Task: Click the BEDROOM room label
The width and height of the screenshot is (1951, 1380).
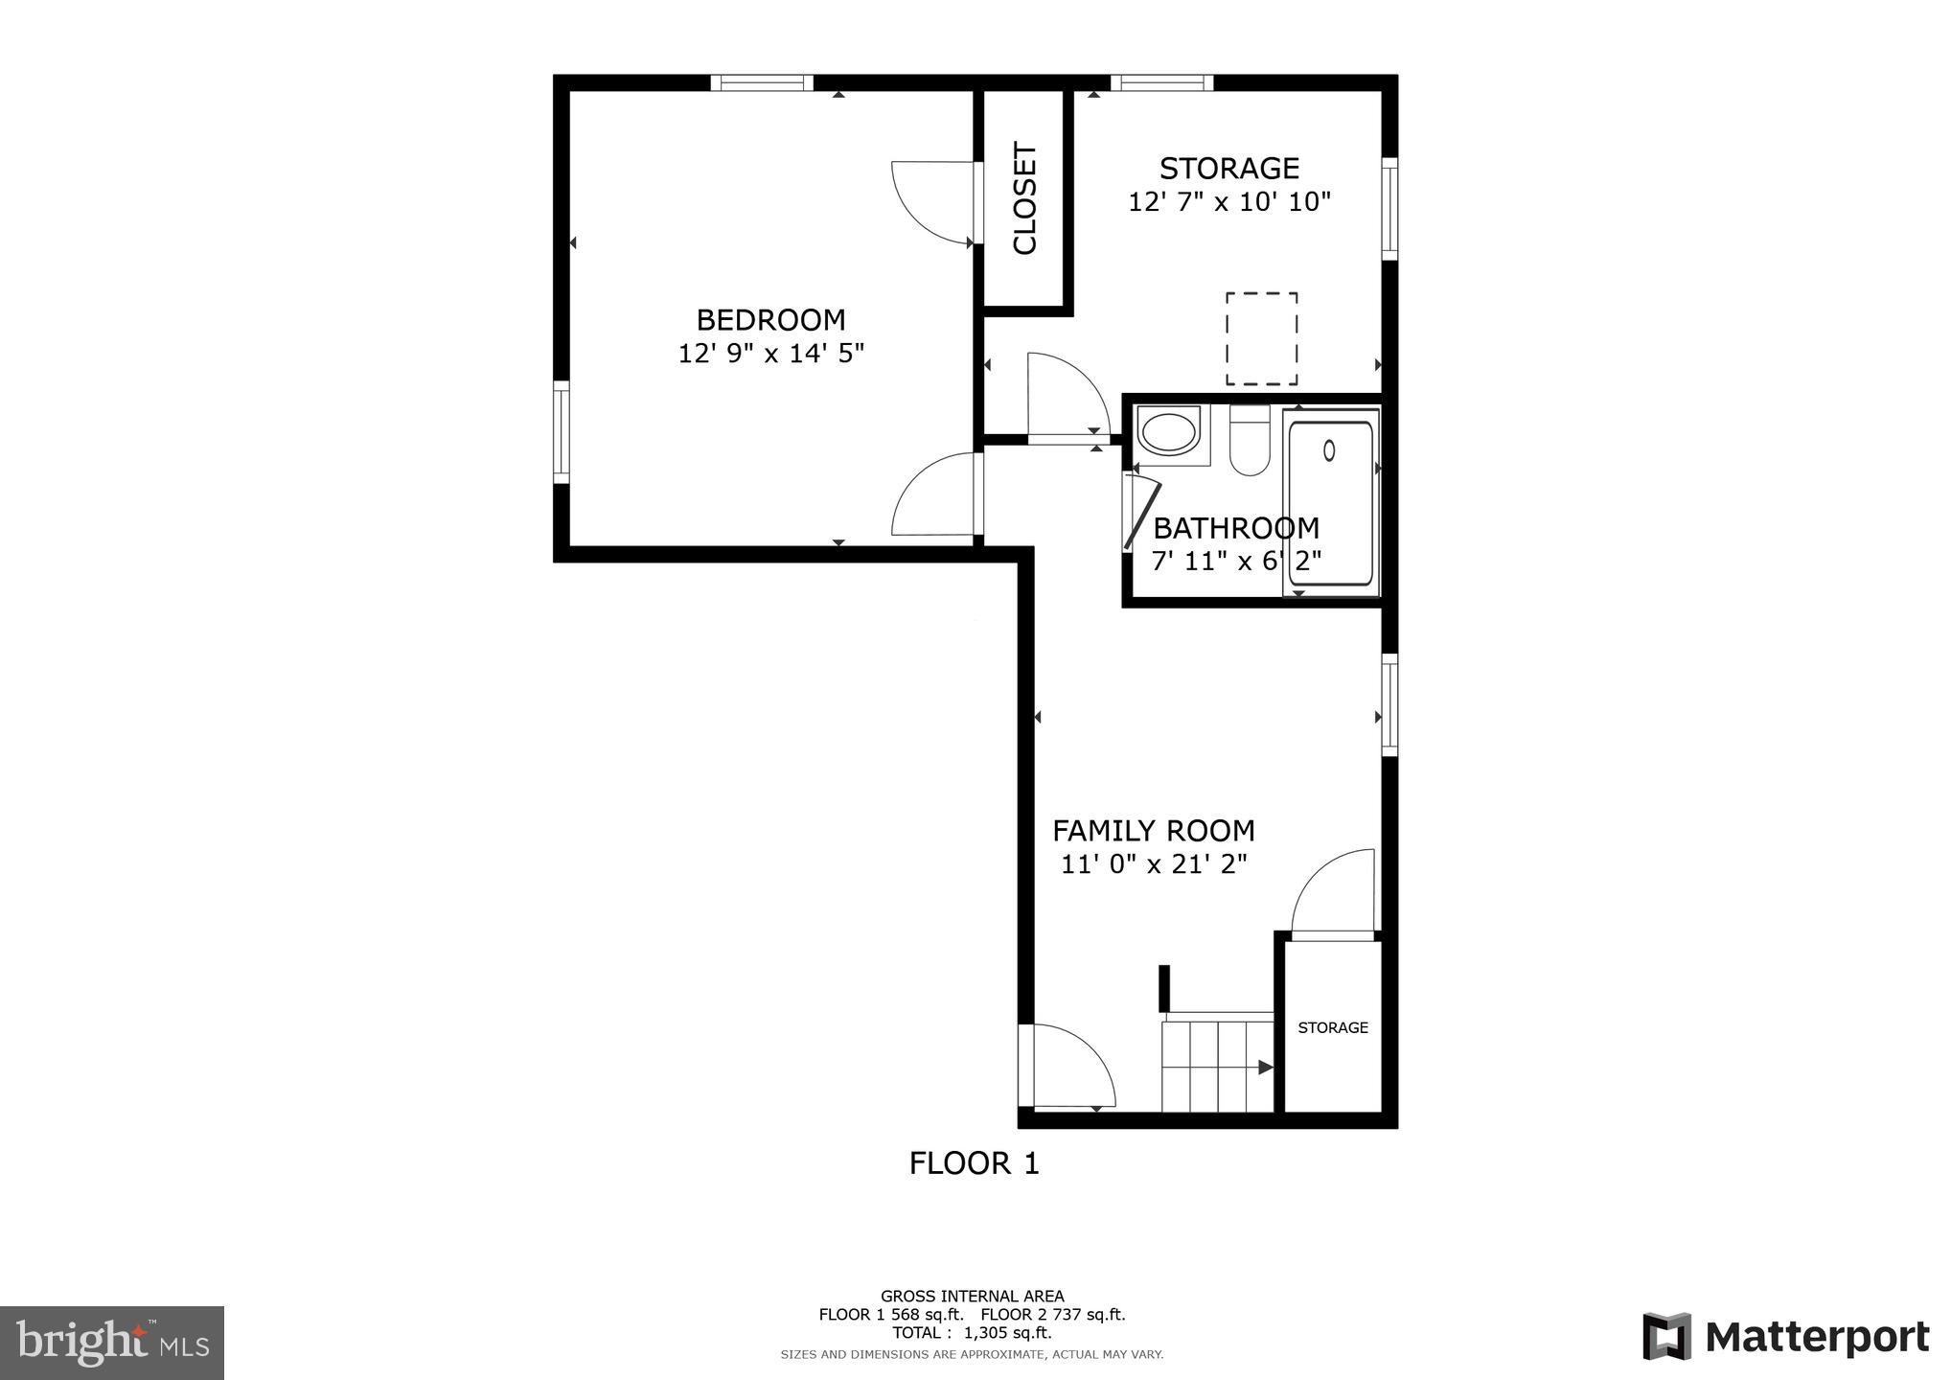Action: [770, 319]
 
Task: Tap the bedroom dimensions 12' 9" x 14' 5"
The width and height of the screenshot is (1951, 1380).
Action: [770, 354]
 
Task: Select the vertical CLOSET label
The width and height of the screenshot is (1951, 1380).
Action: [1024, 198]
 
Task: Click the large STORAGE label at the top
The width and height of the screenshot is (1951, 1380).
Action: [1228, 169]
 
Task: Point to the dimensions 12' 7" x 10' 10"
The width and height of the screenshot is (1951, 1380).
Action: [1228, 202]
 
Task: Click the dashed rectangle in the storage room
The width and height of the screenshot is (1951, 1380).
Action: [1261, 338]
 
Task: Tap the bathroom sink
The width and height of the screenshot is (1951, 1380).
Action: [1167, 432]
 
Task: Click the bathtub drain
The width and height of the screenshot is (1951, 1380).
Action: [1329, 449]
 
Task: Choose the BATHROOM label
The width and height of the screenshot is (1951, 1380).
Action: [1235, 528]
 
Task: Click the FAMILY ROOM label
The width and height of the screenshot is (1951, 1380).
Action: [1153, 830]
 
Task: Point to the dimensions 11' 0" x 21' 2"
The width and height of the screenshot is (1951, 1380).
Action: [1153, 864]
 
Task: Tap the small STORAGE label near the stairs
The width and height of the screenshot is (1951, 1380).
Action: [1332, 1027]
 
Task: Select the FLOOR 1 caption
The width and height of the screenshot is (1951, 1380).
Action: [974, 1163]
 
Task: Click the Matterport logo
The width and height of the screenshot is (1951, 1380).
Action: [1785, 1336]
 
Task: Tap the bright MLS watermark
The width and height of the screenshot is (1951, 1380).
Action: [112, 1343]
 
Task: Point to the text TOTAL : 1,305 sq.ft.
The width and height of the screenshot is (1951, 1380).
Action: [972, 1332]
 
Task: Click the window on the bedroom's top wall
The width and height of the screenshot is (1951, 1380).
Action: [762, 83]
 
